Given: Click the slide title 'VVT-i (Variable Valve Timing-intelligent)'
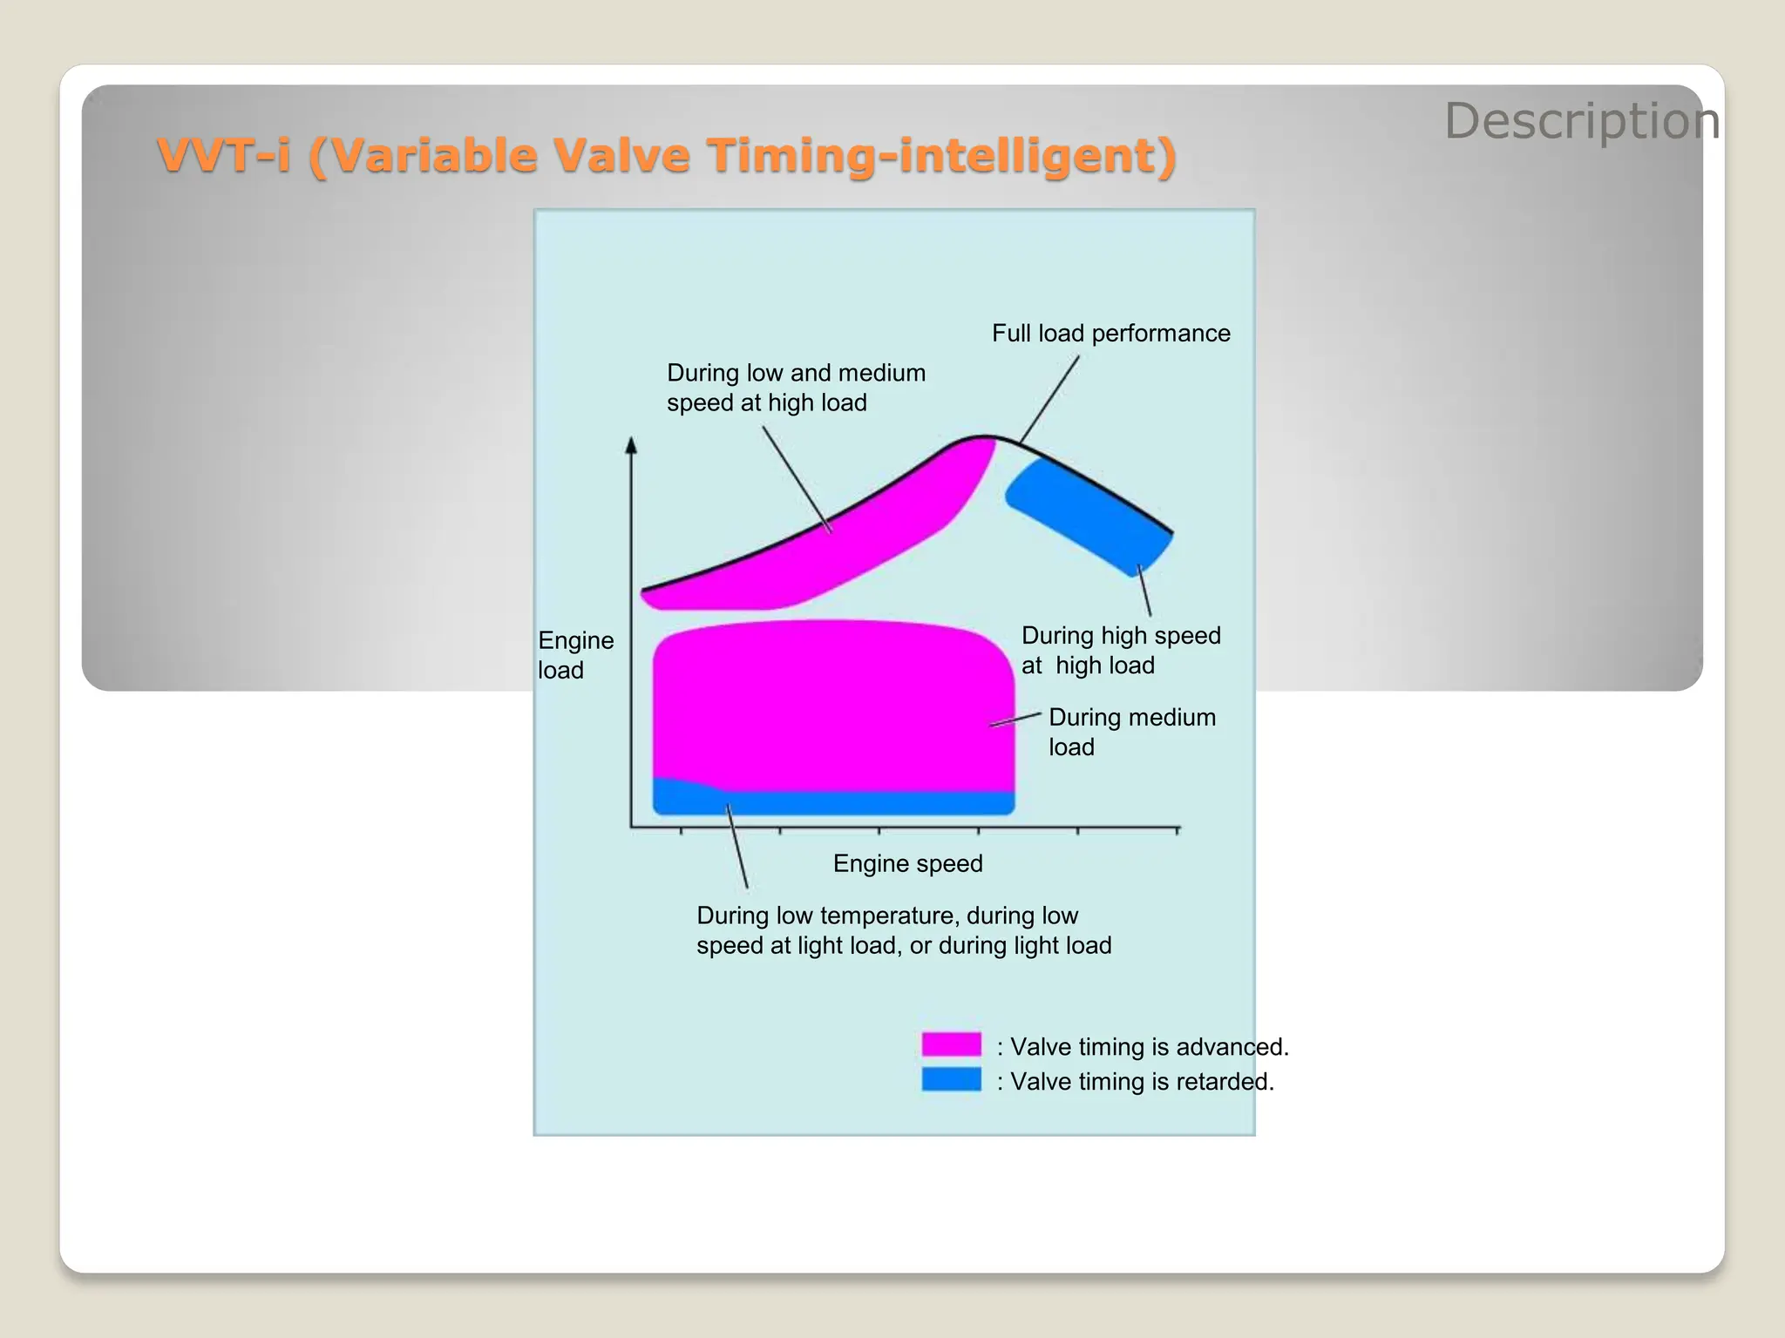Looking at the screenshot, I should (x=667, y=155).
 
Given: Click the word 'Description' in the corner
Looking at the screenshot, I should (x=1581, y=120).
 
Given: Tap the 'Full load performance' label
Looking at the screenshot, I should (x=1110, y=334).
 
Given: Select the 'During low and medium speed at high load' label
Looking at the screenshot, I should (x=796, y=388).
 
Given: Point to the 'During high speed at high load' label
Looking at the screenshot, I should (x=1120, y=650).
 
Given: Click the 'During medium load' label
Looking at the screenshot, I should (x=1131, y=732).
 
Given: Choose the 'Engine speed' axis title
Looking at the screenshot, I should (x=907, y=863).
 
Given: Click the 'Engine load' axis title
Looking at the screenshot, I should (x=575, y=655).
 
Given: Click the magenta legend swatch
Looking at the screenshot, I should (x=951, y=1044).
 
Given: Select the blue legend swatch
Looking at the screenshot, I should (x=951, y=1079).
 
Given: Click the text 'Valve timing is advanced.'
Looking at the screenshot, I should (x=1149, y=1046).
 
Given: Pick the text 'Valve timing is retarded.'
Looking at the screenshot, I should (x=1142, y=1082).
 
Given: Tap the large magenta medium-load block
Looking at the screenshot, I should (x=832, y=706).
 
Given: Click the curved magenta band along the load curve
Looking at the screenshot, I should (x=837, y=549).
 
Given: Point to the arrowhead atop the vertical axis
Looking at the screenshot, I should (x=631, y=445).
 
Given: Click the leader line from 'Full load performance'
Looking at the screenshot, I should (x=1049, y=400).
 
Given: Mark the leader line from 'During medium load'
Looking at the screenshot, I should (x=1016, y=720).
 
